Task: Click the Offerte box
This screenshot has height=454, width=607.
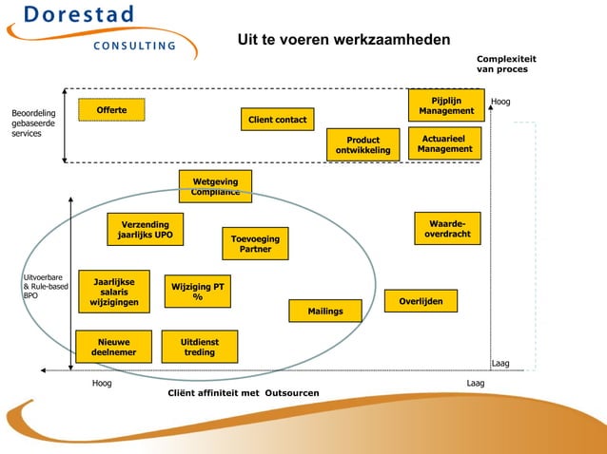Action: pyautogui.click(x=110, y=111)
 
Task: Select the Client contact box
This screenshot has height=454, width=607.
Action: pyautogui.click(x=277, y=120)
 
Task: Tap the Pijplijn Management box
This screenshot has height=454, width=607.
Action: pyautogui.click(x=446, y=105)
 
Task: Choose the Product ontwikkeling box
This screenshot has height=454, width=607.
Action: pyautogui.click(x=362, y=145)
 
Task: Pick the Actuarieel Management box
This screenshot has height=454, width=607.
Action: pyautogui.click(x=444, y=143)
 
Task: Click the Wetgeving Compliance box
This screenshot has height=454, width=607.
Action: pyautogui.click(x=215, y=186)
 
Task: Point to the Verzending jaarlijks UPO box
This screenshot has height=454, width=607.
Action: pyautogui.click(x=145, y=229)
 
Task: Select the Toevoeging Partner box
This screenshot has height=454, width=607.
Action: pyautogui.click(x=255, y=244)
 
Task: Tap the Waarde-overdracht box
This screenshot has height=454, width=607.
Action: pyautogui.click(x=447, y=228)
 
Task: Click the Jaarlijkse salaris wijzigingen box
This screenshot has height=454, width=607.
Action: pyautogui.click(x=113, y=292)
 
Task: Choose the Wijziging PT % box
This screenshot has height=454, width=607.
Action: pyautogui.click(x=197, y=292)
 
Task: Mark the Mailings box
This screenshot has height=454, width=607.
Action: pyautogui.click(x=325, y=311)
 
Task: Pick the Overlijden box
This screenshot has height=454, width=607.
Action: pyautogui.click(x=421, y=301)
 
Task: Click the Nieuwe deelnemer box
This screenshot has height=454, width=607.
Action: pyautogui.click(x=113, y=347)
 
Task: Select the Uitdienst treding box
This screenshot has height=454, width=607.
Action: pyautogui.click(x=199, y=347)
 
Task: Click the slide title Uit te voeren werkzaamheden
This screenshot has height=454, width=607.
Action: pyautogui.click(x=343, y=39)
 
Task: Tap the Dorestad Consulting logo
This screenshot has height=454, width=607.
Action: pyautogui.click(x=95, y=28)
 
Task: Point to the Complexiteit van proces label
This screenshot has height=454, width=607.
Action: pyautogui.click(x=506, y=64)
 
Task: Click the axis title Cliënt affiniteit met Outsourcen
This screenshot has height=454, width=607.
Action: pyautogui.click(x=243, y=392)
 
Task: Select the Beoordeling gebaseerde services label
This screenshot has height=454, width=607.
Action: pyautogui.click(x=33, y=123)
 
